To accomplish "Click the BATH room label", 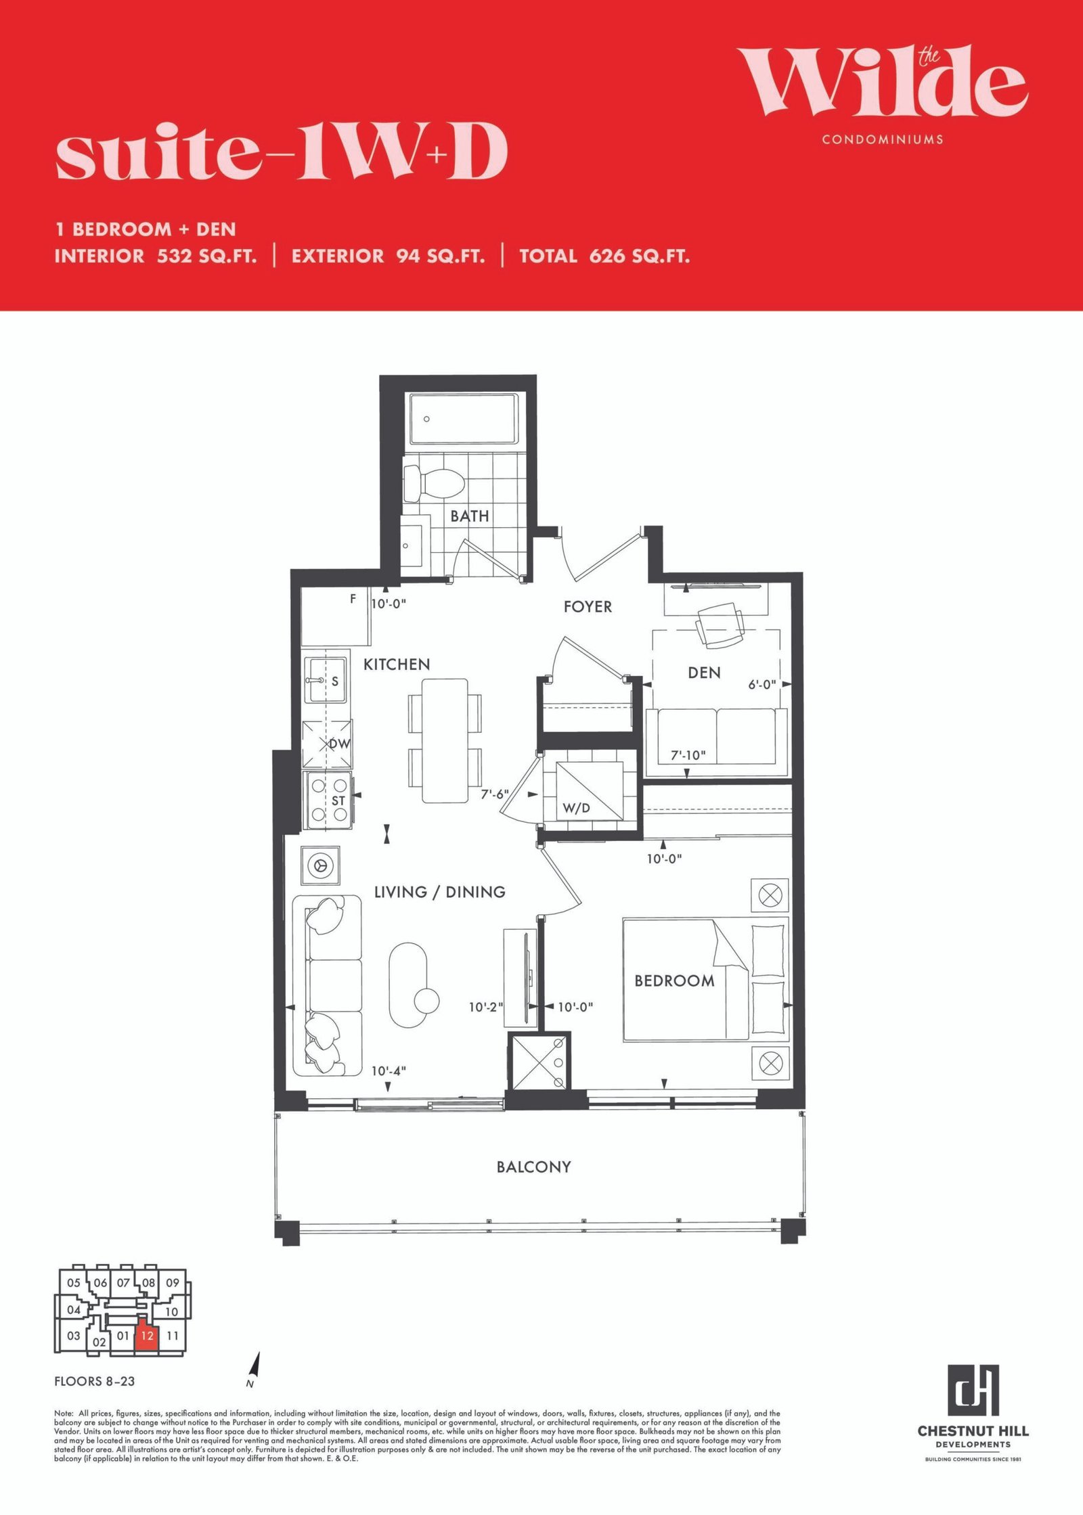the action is [x=470, y=516].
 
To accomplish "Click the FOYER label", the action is [x=588, y=607].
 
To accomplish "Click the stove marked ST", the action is [x=328, y=800].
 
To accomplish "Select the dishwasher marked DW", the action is [x=328, y=744].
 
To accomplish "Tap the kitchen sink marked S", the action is [x=326, y=681].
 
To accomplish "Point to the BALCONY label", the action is [x=534, y=1167].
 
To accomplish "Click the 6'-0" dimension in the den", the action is [x=761, y=685].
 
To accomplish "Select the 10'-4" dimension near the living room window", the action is [x=389, y=1071].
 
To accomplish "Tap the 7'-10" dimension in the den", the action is [x=688, y=755].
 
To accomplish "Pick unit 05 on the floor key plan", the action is [x=74, y=1282].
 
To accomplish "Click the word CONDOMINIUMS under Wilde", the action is [x=883, y=139].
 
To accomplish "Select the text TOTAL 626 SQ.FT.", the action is [x=604, y=256].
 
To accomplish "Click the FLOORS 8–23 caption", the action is [x=95, y=1382].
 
